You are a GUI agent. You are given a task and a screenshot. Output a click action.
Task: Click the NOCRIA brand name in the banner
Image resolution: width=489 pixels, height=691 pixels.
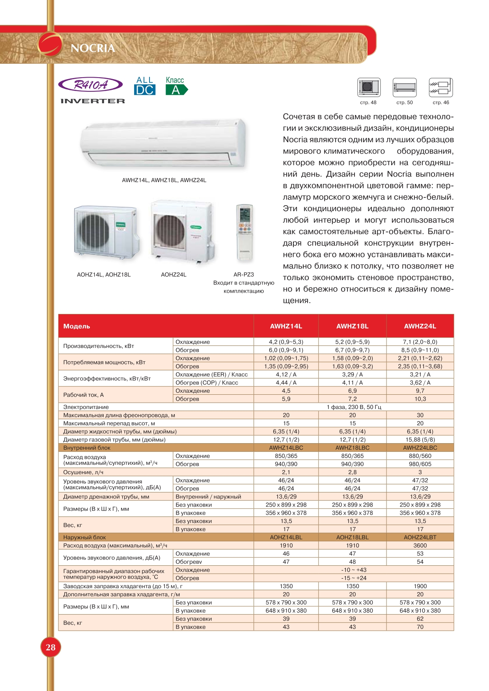tap(93, 48)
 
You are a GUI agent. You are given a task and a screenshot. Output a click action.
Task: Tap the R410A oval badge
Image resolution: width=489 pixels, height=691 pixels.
tap(91, 85)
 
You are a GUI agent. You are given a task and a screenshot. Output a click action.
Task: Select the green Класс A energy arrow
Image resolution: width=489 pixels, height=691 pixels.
tap(176, 90)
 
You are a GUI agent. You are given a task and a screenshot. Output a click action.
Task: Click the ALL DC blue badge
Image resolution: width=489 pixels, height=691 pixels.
tap(145, 86)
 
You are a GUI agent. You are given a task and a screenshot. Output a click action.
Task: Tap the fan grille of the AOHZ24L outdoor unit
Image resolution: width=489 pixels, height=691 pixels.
tap(171, 231)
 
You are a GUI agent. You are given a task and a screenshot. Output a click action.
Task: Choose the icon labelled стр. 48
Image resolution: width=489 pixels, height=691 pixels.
tap(369, 87)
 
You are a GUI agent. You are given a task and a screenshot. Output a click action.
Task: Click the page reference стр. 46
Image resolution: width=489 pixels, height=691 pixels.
tap(440, 102)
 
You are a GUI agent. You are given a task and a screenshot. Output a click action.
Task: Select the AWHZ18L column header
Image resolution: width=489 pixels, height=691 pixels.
tap(352, 326)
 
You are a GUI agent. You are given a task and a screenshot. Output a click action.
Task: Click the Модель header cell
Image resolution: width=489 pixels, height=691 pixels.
tap(77, 326)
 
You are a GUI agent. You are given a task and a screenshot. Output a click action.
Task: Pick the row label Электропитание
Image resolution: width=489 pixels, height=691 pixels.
tap(86, 407)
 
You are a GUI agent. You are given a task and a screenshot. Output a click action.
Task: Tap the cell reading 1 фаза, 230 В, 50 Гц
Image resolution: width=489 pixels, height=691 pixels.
tap(354, 407)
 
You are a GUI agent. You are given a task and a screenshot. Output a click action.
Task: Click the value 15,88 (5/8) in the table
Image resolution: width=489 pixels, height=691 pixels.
tap(420, 440)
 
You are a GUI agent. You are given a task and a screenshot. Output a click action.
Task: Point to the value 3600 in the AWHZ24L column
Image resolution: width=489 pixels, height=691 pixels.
tap(420, 546)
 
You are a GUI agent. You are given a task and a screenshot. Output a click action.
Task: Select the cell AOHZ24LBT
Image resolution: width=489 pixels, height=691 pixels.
tap(420, 537)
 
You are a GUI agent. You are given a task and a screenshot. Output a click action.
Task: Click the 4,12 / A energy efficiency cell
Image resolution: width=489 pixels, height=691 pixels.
tap(286, 375)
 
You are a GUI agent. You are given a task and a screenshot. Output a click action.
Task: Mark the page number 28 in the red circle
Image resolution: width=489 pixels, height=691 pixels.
tap(50, 647)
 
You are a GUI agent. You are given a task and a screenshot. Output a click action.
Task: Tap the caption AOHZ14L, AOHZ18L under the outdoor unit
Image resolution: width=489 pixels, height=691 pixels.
tap(104, 275)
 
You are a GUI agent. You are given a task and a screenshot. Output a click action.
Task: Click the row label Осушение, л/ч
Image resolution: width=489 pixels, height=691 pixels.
tap(83, 472)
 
